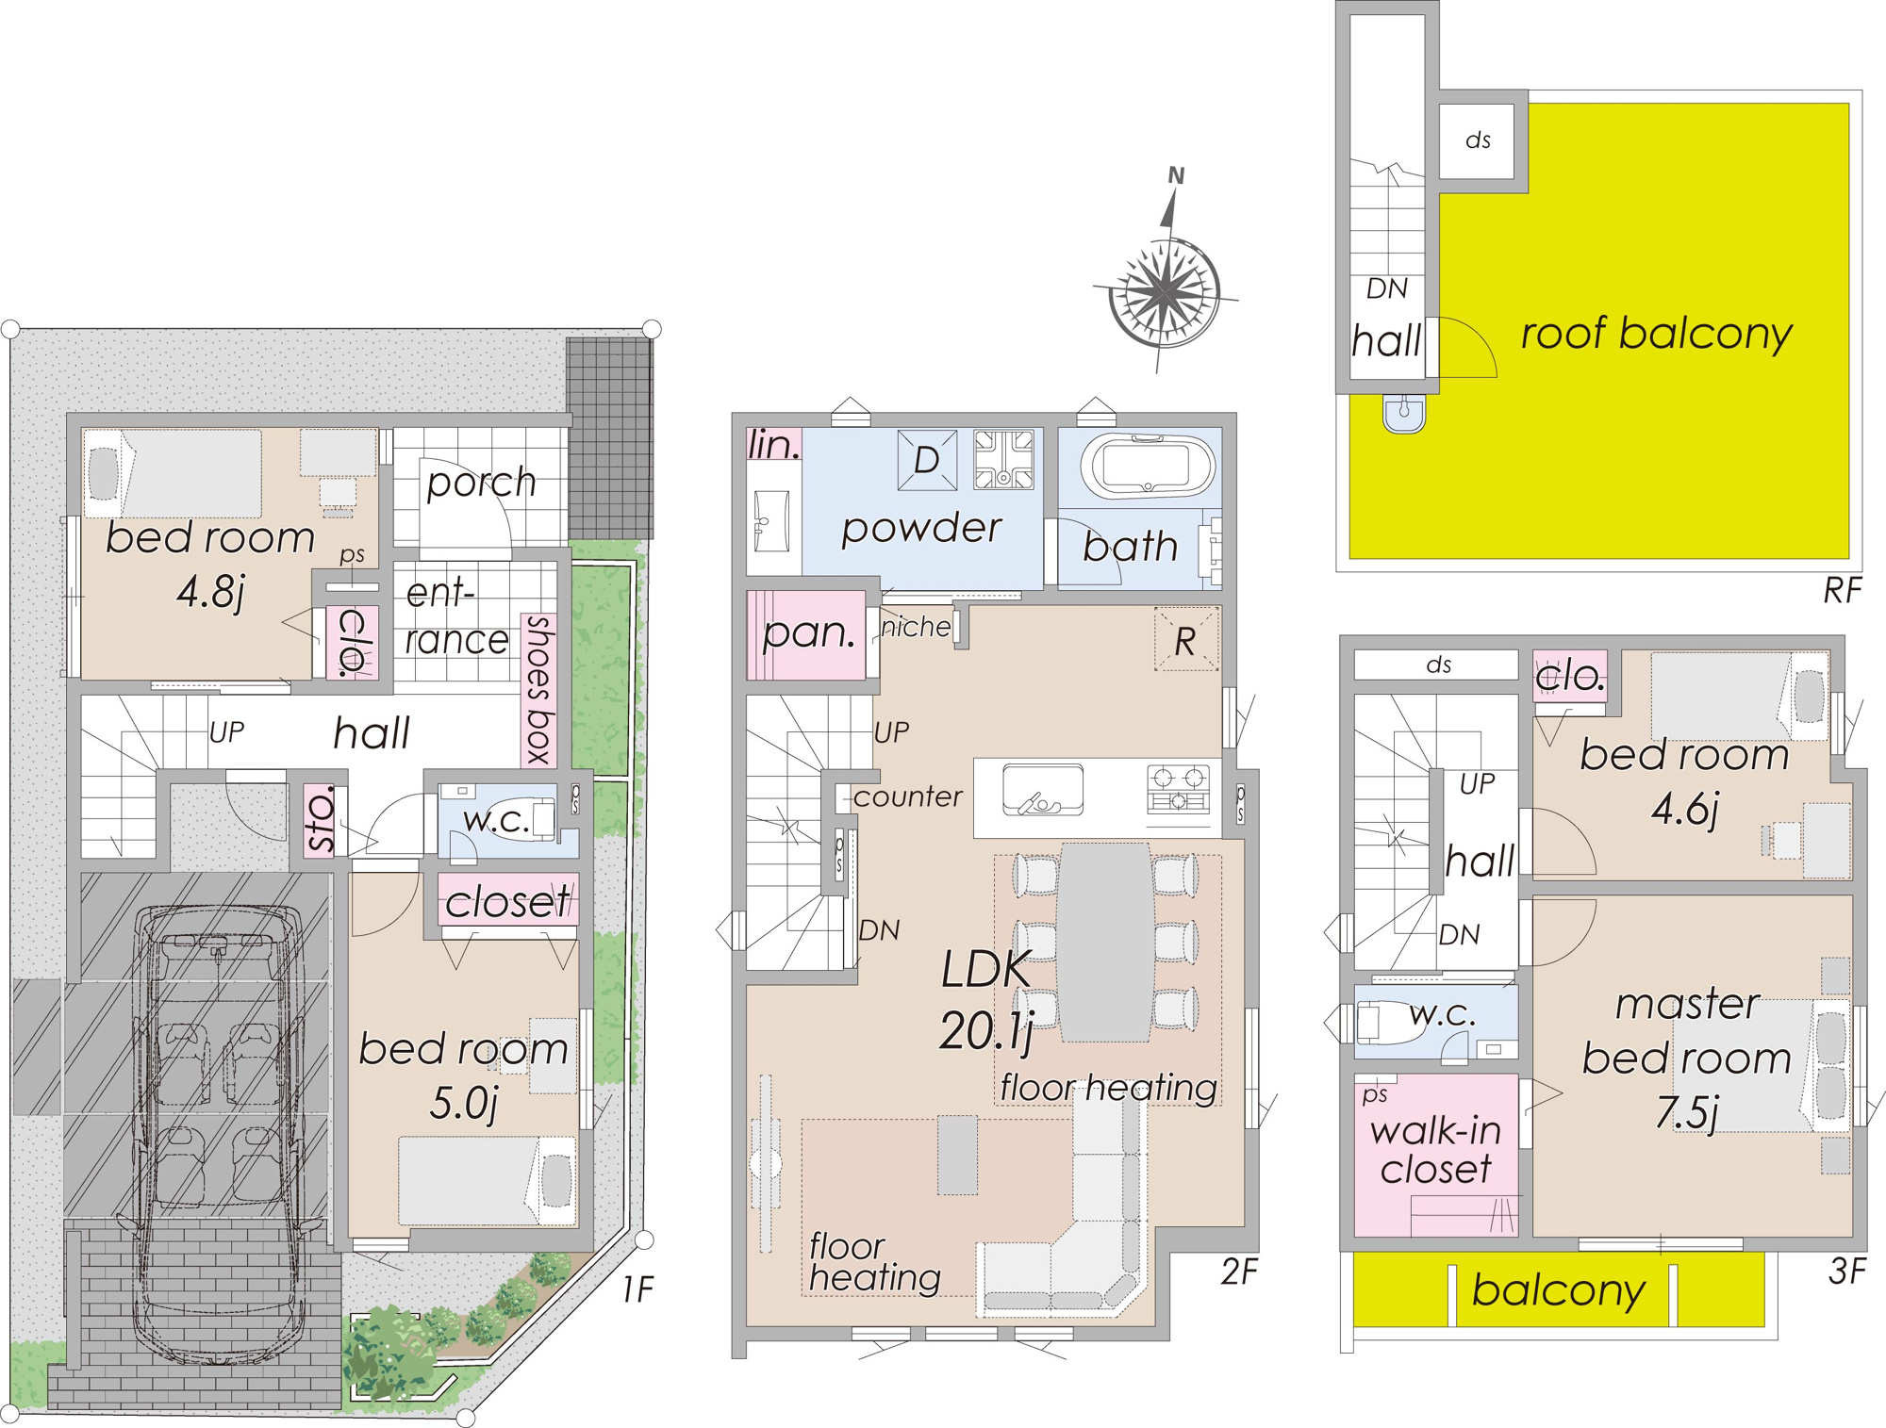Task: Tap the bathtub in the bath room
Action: coord(1148,466)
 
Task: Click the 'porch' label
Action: coord(481,483)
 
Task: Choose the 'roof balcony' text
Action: coord(1657,335)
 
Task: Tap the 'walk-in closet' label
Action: coord(1436,1149)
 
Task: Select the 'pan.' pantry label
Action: coord(809,632)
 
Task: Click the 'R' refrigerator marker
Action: coord(1185,642)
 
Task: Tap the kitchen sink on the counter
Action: coord(1042,790)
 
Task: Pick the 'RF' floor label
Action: coord(1842,591)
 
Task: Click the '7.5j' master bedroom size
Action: coord(1687,1111)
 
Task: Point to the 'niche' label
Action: coord(916,627)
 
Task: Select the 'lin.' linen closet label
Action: coord(773,445)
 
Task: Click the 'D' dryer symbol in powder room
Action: coord(927,460)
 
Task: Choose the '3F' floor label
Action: coord(1846,1272)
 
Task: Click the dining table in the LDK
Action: coord(1105,943)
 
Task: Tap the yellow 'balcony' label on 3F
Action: coord(1559,1289)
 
